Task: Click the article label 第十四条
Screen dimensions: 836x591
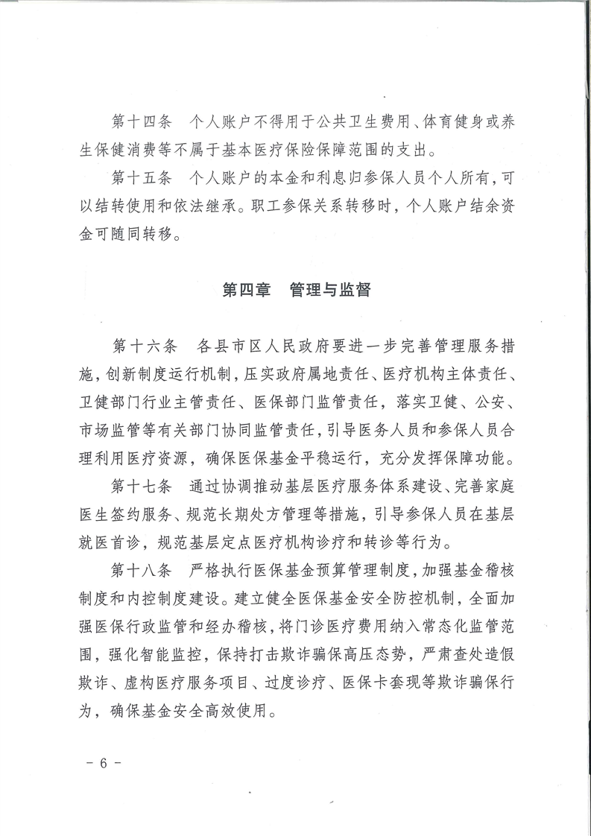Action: coord(142,121)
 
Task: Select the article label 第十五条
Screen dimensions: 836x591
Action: coord(142,180)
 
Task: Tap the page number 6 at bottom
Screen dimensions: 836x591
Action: coord(103,764)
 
